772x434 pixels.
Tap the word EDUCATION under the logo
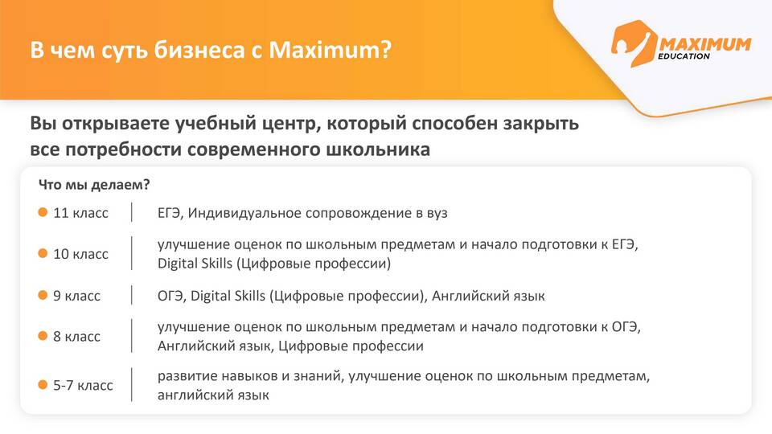[684, 56]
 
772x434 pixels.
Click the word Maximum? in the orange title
[331, 50]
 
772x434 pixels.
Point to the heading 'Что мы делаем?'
[94, 185]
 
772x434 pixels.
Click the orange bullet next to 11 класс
[43, 212]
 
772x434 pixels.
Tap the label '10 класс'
[80, 254]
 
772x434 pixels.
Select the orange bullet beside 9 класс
[43, 295]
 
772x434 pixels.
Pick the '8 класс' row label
[77, 337]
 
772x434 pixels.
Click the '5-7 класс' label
[83, 385]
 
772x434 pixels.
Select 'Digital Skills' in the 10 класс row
[195, 264]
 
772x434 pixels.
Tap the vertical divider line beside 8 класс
[132, 336]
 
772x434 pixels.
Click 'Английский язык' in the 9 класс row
[488, 297]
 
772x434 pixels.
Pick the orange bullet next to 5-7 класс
[43, 385]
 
